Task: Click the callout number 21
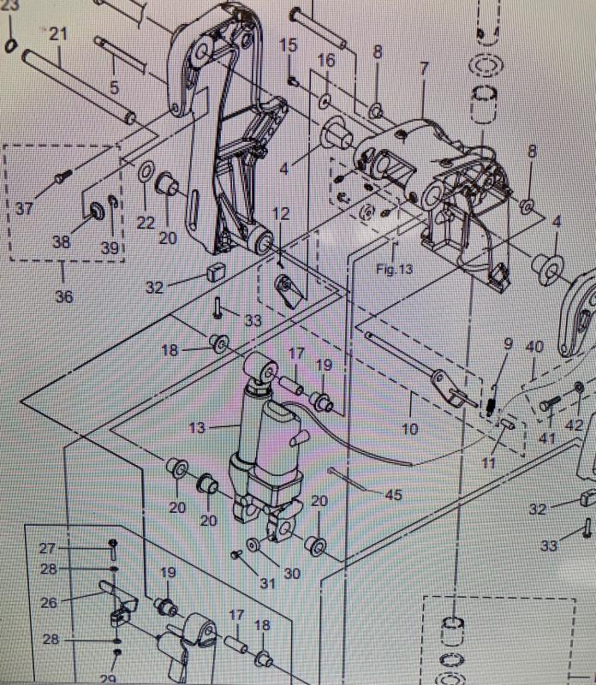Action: pyautogui.click(x=58, y=34)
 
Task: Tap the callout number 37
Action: pyautogui.click(x=24, y=208)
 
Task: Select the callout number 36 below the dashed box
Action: pyautogui.click(x=63, y=296)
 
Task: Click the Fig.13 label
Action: pyautogui.click(x=394, y=268)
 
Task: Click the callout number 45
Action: pyautogui.click(x=392, y=494)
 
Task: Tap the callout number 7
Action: pyautogui.click(x=422, y=67)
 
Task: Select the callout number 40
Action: pyautogui.click(x=534, y=348)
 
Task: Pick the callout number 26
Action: pyautogui.click(x=48, y=603)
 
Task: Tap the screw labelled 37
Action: pyautogui.click(x=63, y=176)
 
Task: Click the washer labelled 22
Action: pyautogui.click(x=146, y=176)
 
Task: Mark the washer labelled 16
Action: pyautogui.click(x=326, y=102)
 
